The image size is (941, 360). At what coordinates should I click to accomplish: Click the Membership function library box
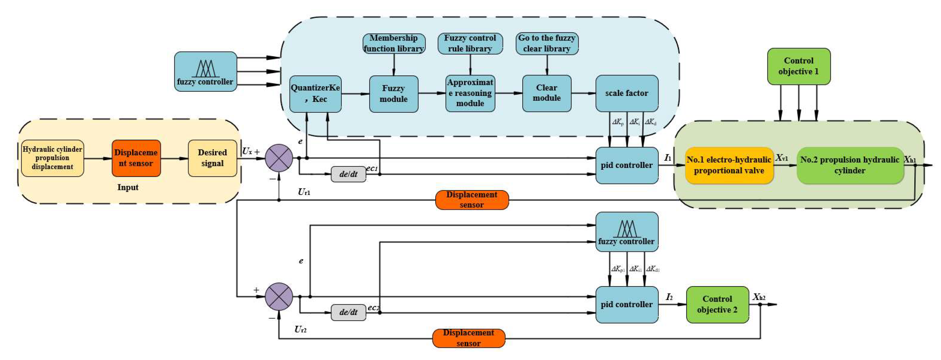pyautogui.click(x=394, y=43)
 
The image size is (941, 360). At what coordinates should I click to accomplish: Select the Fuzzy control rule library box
pyautogui.click(x=470, y=43)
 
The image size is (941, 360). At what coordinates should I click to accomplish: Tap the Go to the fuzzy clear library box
pyautogui.click(x=546, y=43)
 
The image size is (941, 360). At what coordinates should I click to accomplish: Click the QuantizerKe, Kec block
pyautogui.click(x=315, y=94)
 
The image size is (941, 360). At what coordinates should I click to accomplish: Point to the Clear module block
pyautogui.click(x=546, y=93)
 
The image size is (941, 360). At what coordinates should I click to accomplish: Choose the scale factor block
pyautogui.click(x=626, y=93)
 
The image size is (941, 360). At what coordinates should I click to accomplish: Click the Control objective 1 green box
pyautogui.click(x=798, y=66)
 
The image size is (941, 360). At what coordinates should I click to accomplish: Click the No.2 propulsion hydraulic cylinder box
pyautogui.click(x=850, y=165)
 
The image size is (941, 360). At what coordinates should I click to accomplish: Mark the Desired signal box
pyautogui.click(x=212, y=158)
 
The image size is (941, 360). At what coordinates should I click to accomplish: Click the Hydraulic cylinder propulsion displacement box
pyautogui.click(x=53, y=158)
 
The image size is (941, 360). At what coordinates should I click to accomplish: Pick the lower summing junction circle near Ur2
pyautogui.click(x=279, y=297)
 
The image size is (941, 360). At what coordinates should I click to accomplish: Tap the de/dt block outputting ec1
pyautogui.click(x=348, y=174)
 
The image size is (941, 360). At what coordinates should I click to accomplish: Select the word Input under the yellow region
pyautogui.click(x=128, y=187)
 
